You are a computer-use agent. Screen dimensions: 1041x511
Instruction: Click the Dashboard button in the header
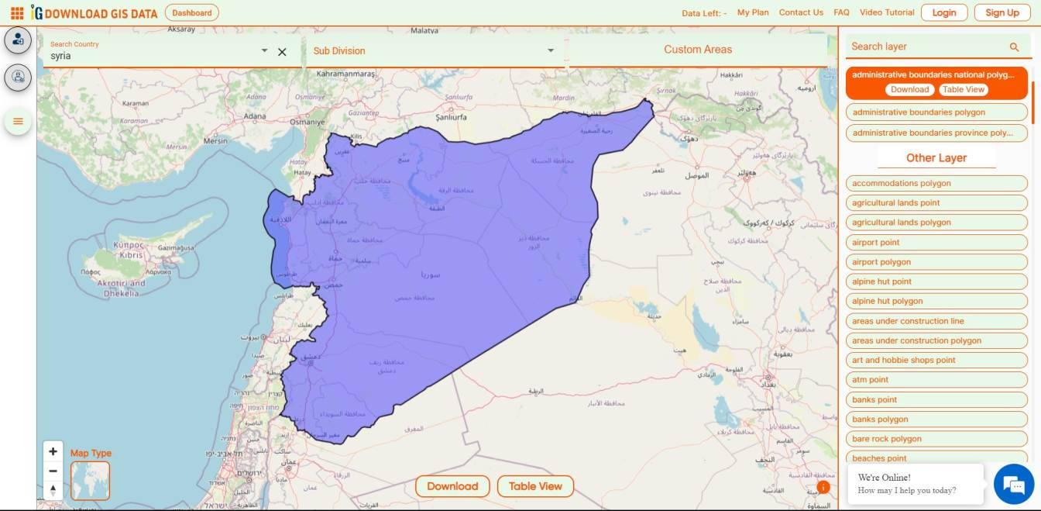point(192,12)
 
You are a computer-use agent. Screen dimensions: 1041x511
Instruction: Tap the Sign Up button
point(1002,12)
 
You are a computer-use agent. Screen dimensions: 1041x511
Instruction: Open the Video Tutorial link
point(887,12)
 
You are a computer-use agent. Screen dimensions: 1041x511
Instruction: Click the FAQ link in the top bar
point(841,12)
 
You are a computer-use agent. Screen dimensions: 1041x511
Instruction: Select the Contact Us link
point(801,12)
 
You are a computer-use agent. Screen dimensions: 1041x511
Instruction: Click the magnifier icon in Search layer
point(1014,47)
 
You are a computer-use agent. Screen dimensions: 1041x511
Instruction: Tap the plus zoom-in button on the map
point(53,451)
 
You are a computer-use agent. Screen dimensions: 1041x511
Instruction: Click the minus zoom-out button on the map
point(53,471)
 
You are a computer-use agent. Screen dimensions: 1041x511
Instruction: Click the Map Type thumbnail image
point(90,481)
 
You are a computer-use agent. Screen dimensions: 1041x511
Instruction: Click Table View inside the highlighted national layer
point(964,89)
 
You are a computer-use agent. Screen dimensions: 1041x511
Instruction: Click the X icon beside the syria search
point(282,52)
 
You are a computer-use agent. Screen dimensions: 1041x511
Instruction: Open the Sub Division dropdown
point(434,51)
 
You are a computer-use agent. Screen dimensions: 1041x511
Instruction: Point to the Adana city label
point(255,117)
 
